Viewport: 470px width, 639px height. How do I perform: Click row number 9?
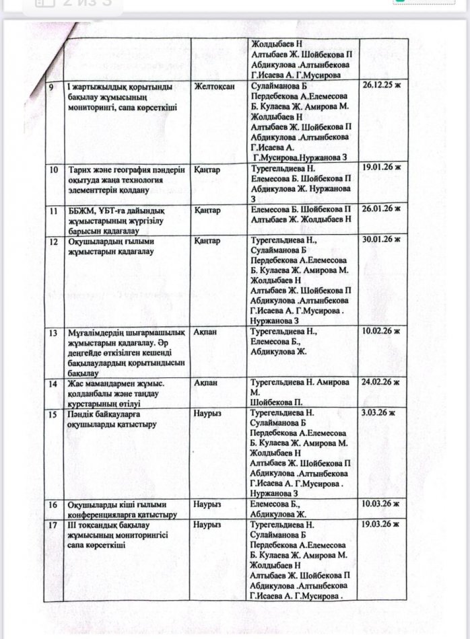tap(59, 87)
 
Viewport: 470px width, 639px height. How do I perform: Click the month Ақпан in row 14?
tap(204, 383)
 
